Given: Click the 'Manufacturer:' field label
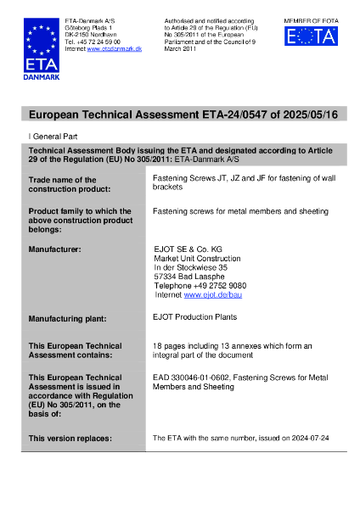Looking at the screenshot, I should (x=55, y=249).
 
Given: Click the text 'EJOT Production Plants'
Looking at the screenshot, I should (x=194, y=317).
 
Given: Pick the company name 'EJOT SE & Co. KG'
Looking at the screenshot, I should (x=188, y=249).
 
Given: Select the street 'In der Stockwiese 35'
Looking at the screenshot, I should (x=190, y=266).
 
